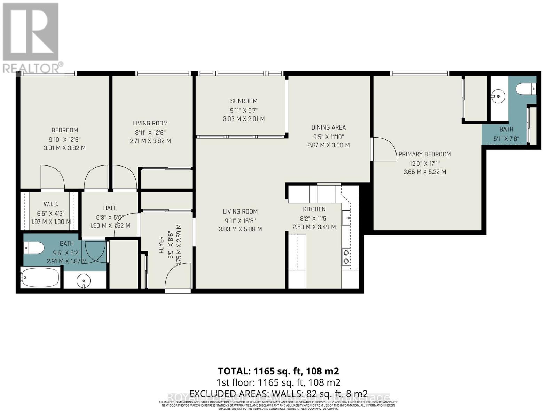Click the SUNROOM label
(244, 101)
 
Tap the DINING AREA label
(328, 127)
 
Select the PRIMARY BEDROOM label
(424, 154)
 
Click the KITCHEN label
(314, 209)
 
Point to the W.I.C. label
(51, 204)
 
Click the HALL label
(110, 208)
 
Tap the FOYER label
(161, 245)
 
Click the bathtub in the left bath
(39, 278)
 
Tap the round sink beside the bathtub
(84, 280)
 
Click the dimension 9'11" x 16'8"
(240, 220)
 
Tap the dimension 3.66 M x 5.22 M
(424, 172)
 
